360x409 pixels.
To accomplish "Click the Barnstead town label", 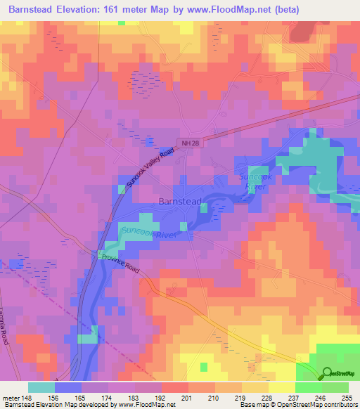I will pos(181,201).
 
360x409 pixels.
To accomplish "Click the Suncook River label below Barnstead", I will pos(147,233).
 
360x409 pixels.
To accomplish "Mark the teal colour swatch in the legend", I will pos(41,387).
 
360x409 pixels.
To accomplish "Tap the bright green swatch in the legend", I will pos(308,387).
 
